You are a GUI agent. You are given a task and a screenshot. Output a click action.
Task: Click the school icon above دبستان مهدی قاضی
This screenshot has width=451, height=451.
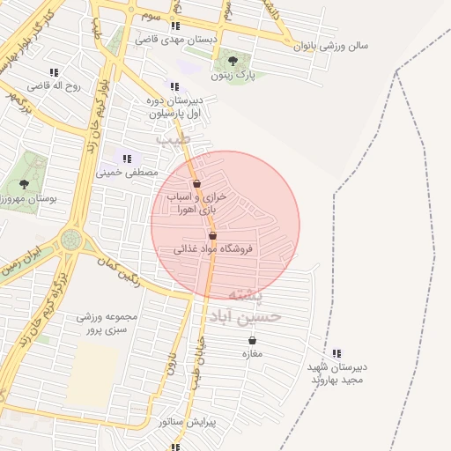[x=175, y=26]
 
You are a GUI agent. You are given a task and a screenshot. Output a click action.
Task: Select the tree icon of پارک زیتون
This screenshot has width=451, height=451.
[x=233, y=61]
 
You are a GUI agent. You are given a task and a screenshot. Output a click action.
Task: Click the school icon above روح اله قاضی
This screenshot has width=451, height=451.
[x=55, y=72]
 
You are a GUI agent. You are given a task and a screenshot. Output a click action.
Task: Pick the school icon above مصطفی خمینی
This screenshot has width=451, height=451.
[x=128, y=159]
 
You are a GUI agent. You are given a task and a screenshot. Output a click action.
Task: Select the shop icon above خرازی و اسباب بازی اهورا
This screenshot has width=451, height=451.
[x=196, y=184]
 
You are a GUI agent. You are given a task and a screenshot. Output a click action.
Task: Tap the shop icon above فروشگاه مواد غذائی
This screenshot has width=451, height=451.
[x=212, y=236]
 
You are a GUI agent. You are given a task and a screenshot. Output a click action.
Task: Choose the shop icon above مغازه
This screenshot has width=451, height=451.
[x=253, y=340]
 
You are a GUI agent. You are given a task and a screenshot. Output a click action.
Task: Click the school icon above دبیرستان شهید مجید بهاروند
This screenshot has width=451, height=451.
[x=337, y=353]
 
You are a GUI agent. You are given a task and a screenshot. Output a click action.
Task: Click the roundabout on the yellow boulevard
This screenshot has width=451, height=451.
[x=70, y=239]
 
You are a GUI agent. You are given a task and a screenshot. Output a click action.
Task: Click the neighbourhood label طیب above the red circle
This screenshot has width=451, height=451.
[x=173, y=139]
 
